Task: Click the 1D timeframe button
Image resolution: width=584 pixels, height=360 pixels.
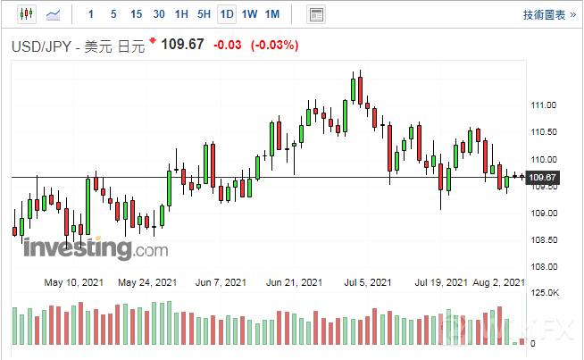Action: tap(227, 14)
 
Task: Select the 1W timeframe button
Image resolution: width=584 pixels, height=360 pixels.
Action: tap(249, 14)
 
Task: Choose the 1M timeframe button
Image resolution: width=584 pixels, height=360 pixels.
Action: tap(272, 14)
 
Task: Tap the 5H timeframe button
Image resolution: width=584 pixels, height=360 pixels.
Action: tap(204, 14)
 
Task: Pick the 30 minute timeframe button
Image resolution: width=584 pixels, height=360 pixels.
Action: tap(159, 14)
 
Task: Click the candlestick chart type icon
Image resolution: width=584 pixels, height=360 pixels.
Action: tap(25, 14)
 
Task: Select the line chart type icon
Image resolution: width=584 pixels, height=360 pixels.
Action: tap(54, 14)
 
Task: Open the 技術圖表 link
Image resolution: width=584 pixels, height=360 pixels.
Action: tap(546, 14)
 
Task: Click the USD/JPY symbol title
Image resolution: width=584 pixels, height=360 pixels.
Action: tap(43, 46)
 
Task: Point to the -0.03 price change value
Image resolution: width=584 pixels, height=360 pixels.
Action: tap(228, 45)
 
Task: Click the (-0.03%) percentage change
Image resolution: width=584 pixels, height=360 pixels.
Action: tap(275, 45)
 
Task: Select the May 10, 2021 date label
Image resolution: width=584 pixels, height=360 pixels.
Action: tap(74, 282)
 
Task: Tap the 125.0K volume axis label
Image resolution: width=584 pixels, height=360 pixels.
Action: tap(545, 293)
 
